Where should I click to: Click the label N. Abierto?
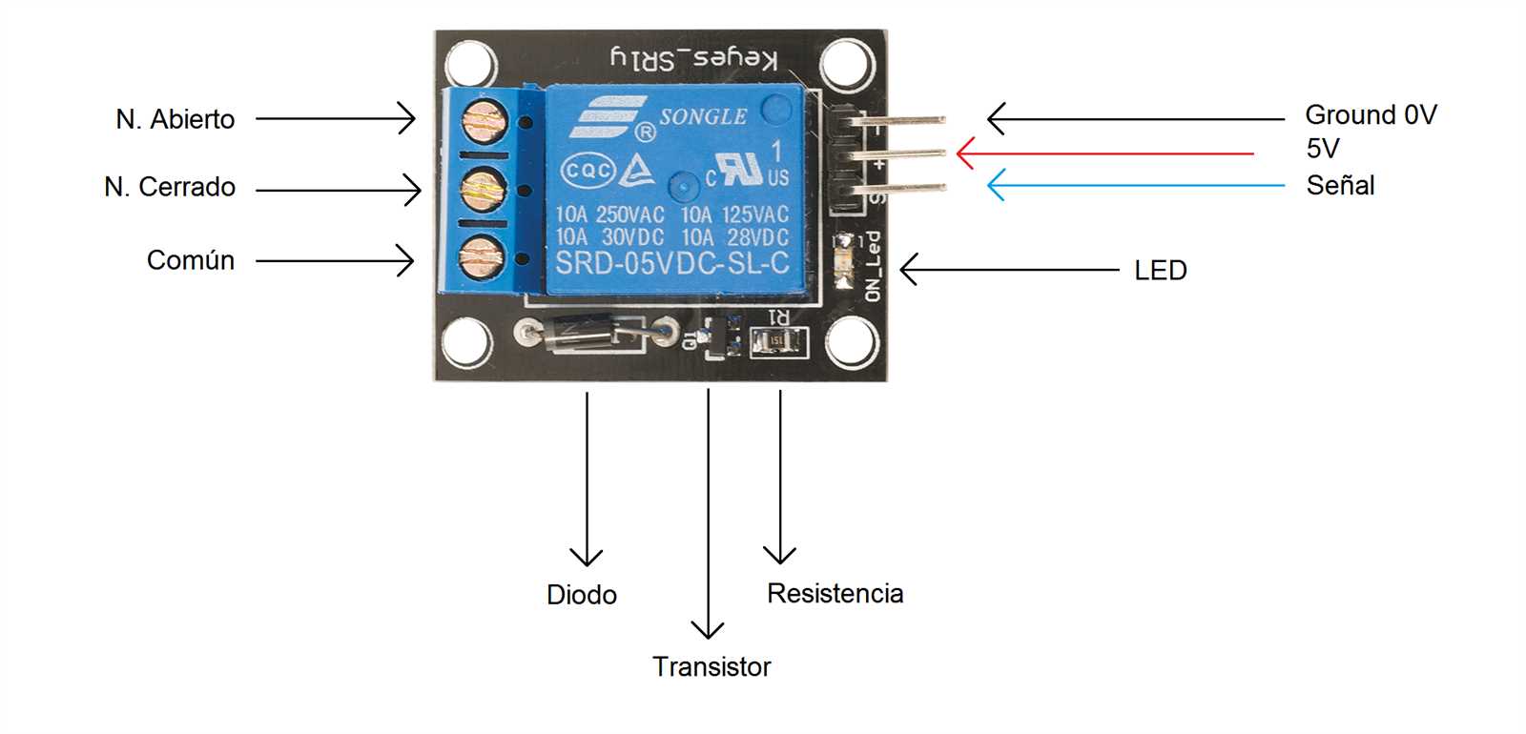(175, 119)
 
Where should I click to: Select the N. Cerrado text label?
(170, 187)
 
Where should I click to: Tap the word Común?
(191, 260)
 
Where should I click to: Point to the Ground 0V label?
(1371, 115)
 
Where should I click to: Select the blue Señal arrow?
(1135, 185)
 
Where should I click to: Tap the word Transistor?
(711, 666)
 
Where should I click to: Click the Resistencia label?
(835, 593)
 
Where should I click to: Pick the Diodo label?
(582, 595)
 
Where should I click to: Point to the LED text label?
(1160, 271)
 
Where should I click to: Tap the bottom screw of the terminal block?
(483, 257)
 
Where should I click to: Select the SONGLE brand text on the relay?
(703, 116)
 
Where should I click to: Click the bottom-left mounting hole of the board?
(467, 342)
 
